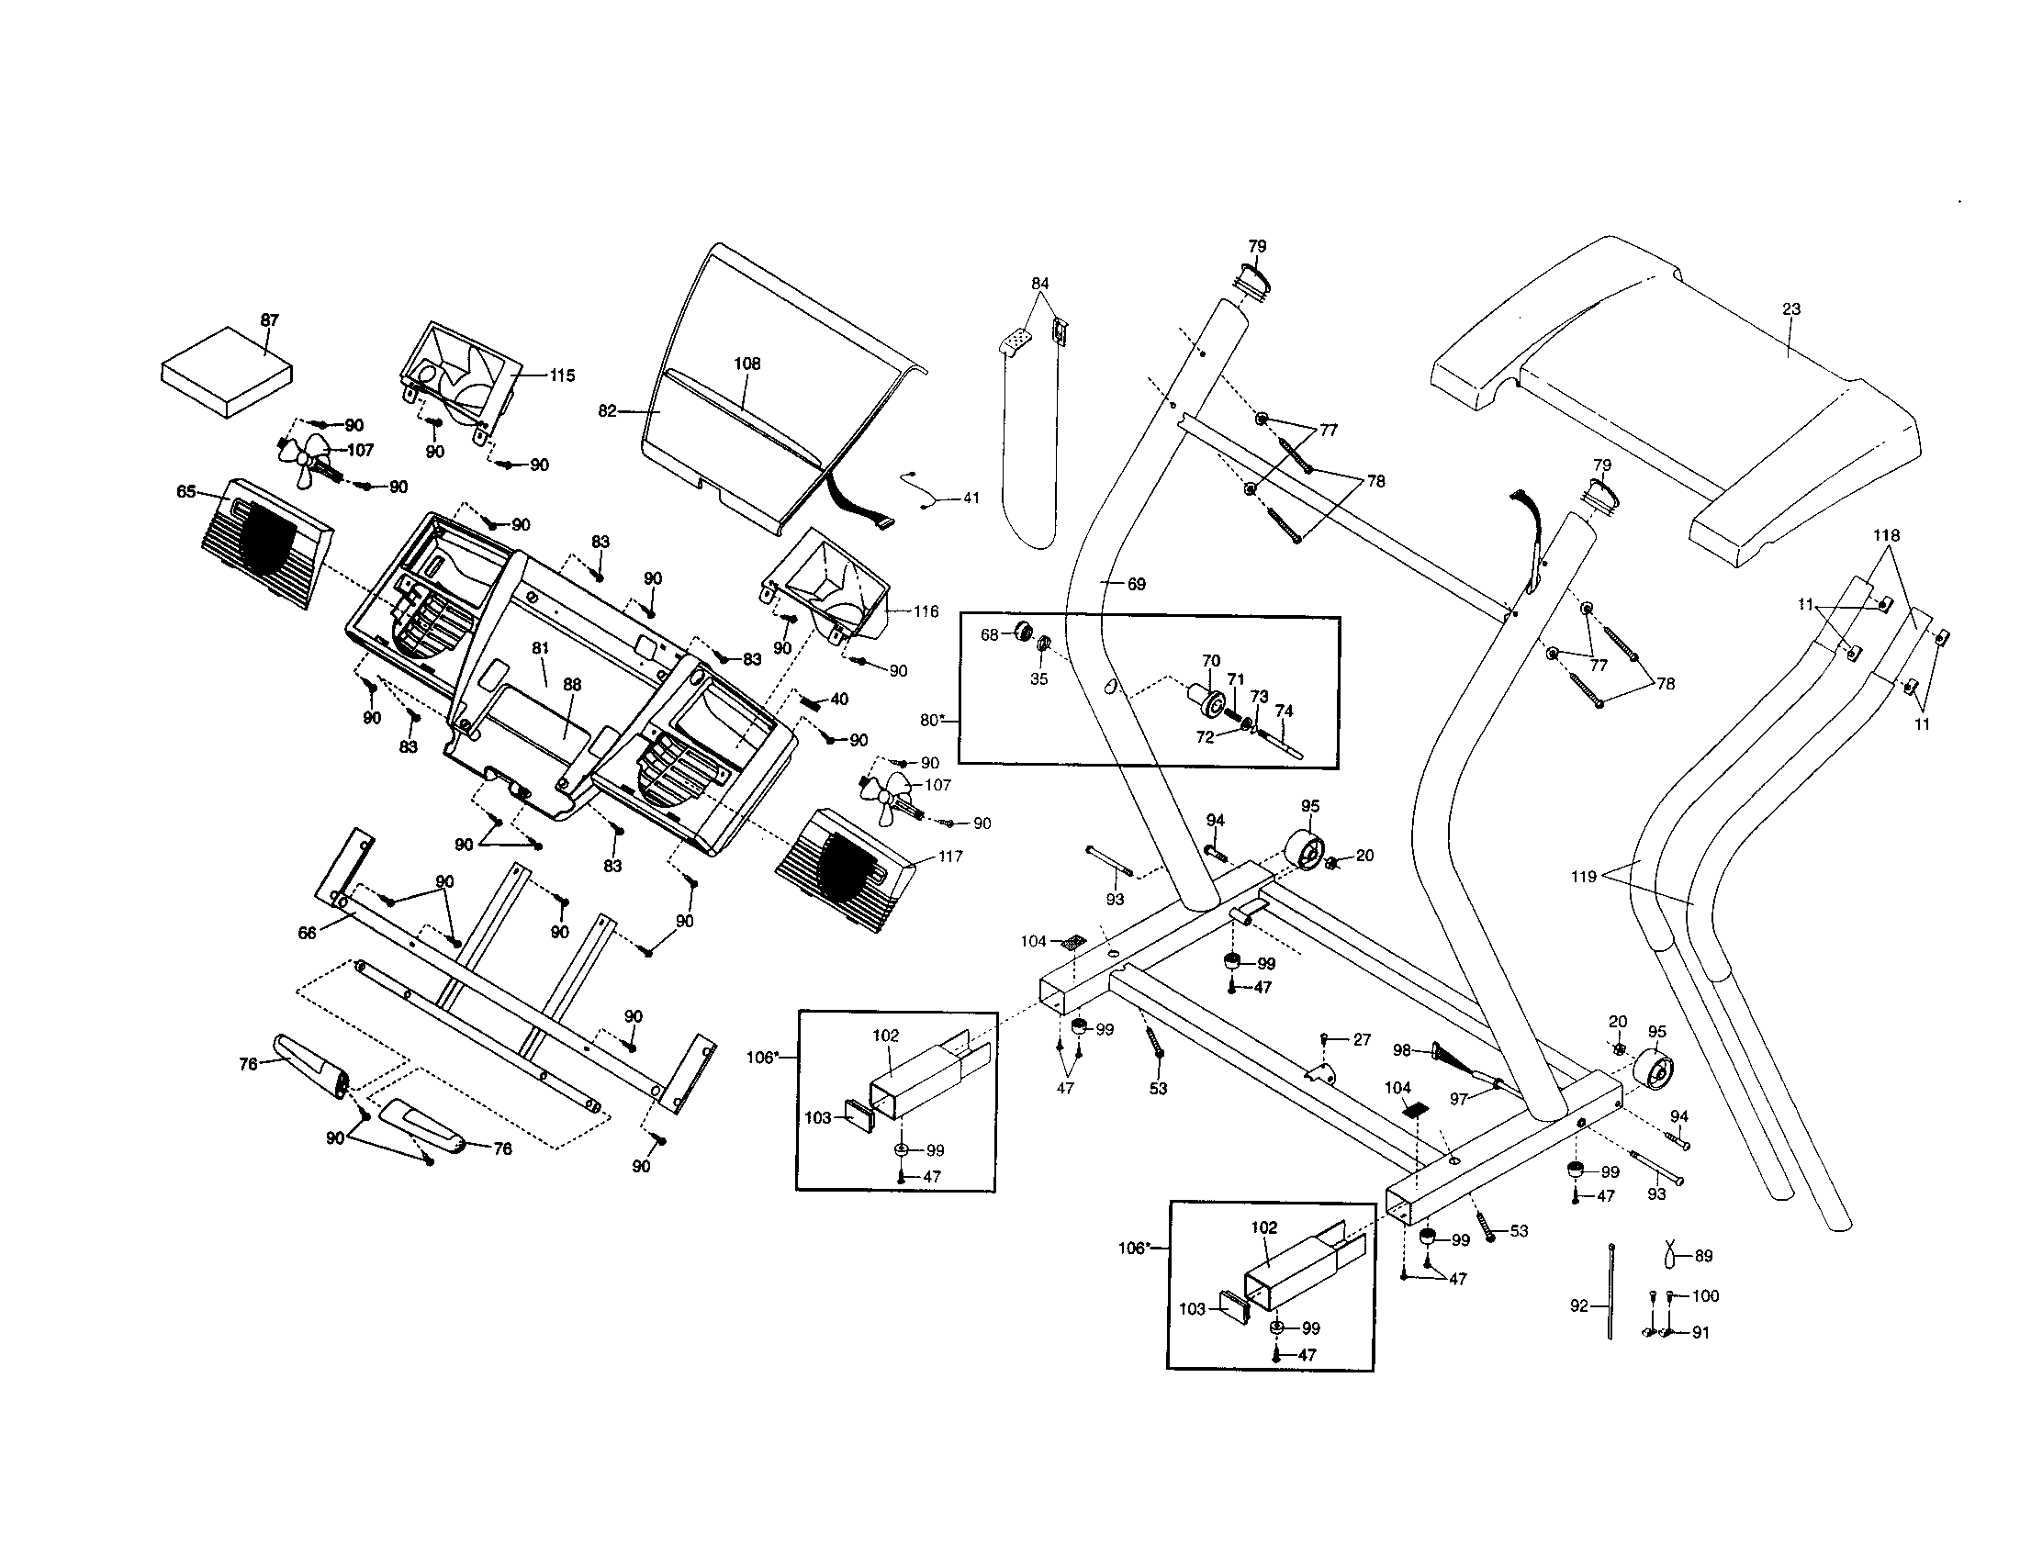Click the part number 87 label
coord(269,320)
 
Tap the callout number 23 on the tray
coord(1791,309)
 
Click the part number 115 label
coord(561,375)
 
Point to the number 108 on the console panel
coord(747,364)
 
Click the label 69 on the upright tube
coord(1136,585)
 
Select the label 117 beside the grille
coord(950,857)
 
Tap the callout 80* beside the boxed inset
coord(931,721)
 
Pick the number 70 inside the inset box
coord(1211,661)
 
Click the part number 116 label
coord(926,611)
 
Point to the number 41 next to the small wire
coord(971,498)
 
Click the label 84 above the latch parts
coord(1040,284)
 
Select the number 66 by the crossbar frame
coord(307,933)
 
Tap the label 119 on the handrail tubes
coord(1584,877)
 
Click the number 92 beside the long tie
coord(1579,1306)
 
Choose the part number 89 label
coord(1702,1257)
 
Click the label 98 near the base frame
coord(1402,1051)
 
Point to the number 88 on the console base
coord(573,685)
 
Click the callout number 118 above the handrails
coord(1886,536)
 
